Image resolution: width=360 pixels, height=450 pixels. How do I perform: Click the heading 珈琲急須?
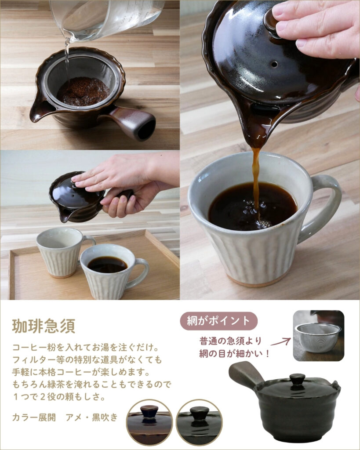(x=44, y=326)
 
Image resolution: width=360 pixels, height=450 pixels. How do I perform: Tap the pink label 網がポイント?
(x=219, y=321)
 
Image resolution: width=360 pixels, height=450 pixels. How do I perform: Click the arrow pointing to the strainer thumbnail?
(x=280, y=341)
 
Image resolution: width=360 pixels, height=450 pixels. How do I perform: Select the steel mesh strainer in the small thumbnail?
(x=318, y=337)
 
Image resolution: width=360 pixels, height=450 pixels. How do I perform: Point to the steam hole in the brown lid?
(x=274, y=64)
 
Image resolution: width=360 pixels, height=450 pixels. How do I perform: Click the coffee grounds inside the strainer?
(x=83, y=91)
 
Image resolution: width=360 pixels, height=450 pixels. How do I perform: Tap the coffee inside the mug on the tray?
(x=107, y=264)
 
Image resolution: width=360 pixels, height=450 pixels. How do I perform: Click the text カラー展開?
(x=34, y=417)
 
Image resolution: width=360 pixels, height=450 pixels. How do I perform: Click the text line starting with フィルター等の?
(x=87, y=359)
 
